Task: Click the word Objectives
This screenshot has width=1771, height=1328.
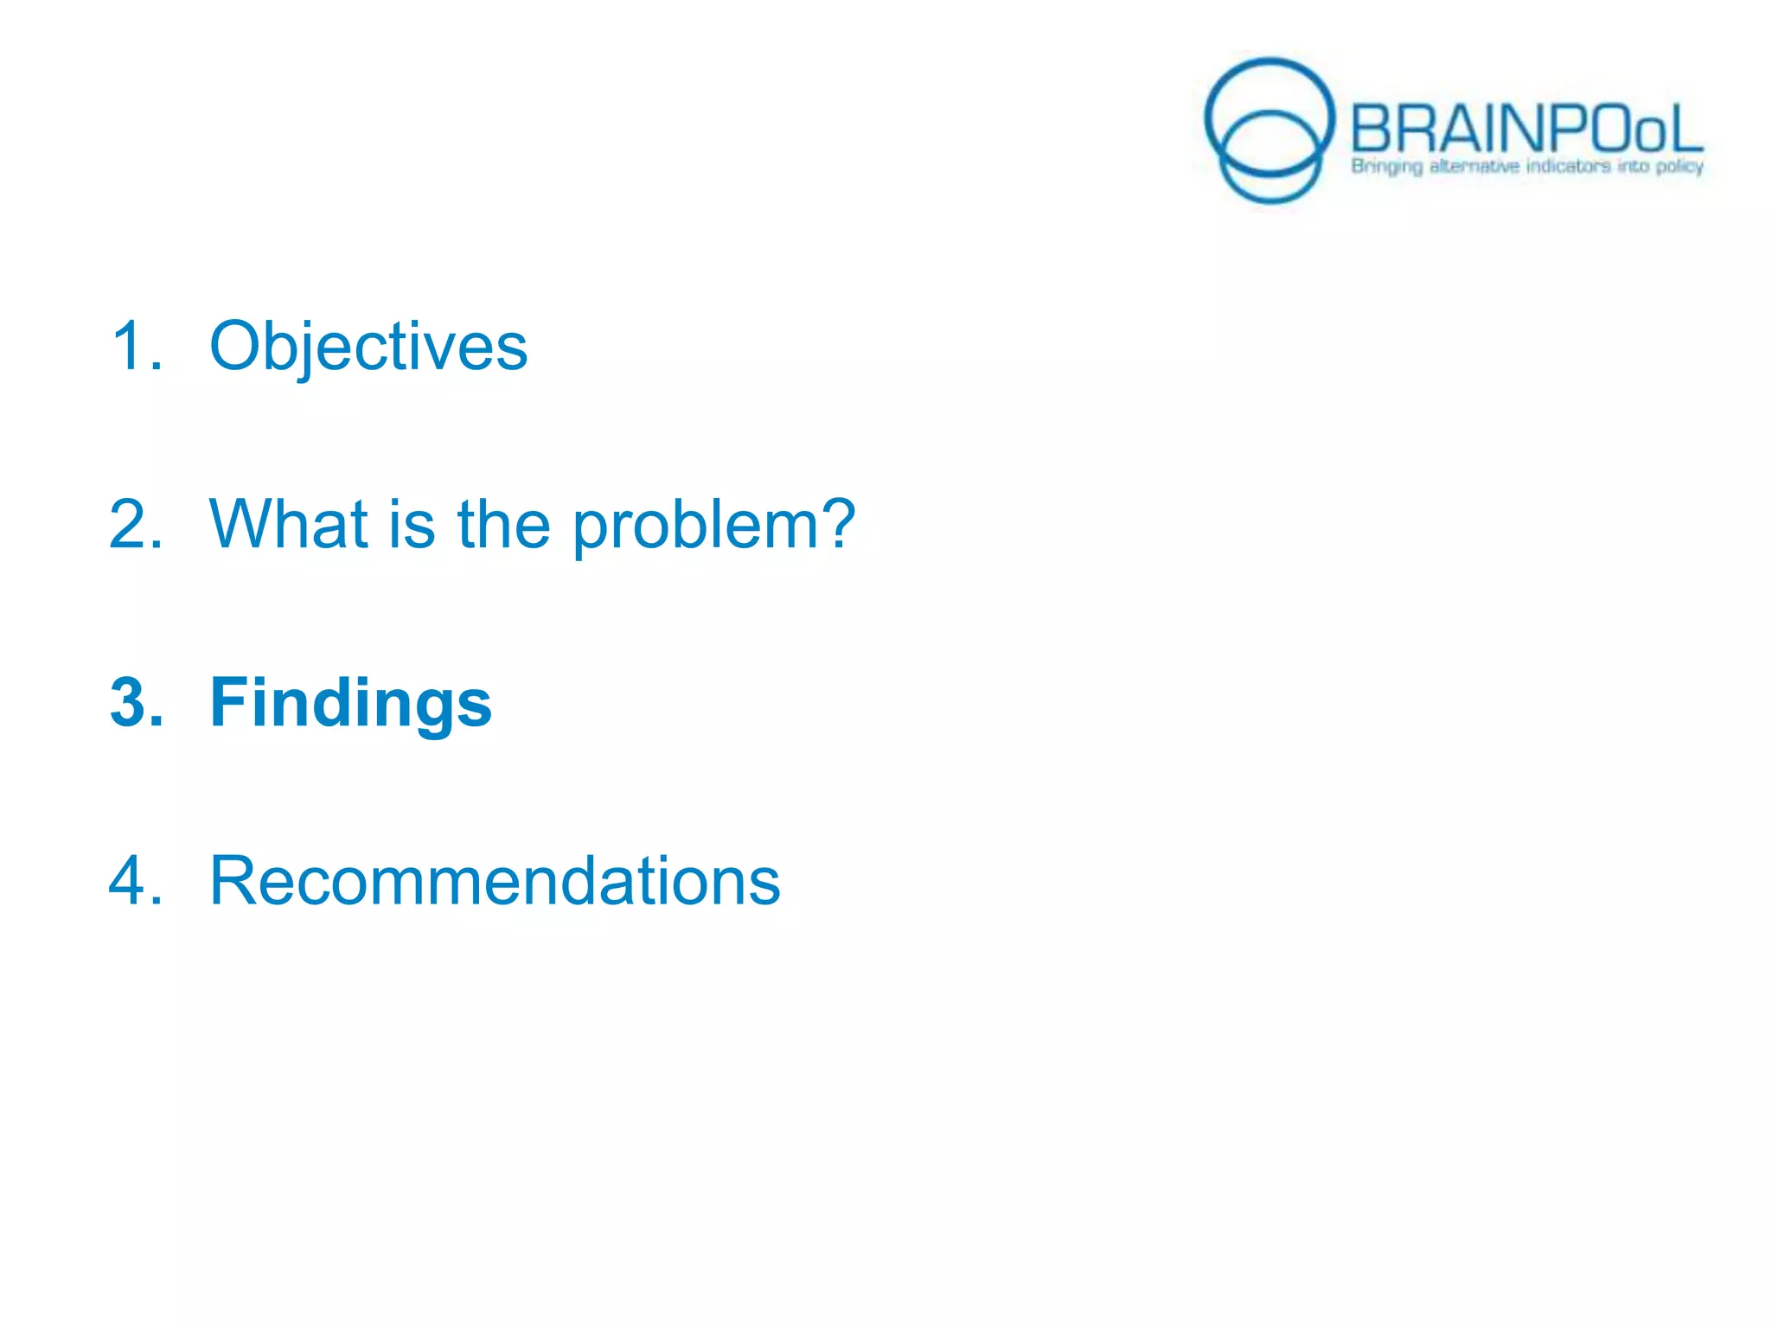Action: pos(368,347)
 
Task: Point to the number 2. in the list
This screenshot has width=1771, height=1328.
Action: pos(137,524)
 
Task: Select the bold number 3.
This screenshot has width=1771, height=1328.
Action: pos(137,703)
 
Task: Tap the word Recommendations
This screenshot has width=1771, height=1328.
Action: pos(495,881)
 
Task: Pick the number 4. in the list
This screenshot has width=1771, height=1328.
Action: pos(137,881)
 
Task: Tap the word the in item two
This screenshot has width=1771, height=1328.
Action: pos(503,524)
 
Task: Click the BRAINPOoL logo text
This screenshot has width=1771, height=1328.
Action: pos(1525,130)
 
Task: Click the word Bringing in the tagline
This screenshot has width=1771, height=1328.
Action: pos(1386,166)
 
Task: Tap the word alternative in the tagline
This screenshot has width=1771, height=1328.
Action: pos(1474,166)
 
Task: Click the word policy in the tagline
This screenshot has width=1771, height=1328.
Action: pos(1679,166)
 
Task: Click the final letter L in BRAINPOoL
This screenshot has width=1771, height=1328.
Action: pos(1685,130)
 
